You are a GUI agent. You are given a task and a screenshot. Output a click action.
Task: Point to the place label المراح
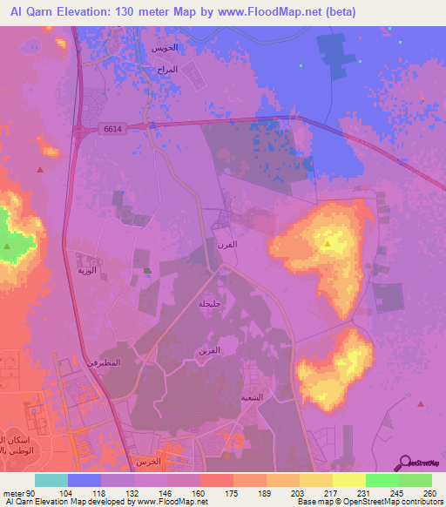click(x=191, y=69)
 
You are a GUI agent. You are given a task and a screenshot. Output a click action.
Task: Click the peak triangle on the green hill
click(x=7, y=247)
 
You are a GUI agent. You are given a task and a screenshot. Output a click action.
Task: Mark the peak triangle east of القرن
click(x=328, y=245)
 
